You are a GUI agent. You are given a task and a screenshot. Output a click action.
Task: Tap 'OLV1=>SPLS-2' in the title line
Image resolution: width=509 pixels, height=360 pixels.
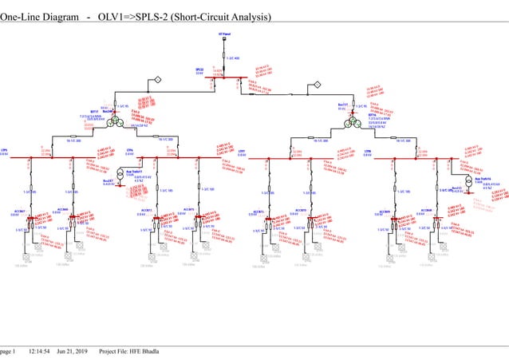[x=133, y=17]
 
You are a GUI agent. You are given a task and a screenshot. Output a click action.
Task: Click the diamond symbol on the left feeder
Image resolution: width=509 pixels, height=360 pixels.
[x=158, y=80]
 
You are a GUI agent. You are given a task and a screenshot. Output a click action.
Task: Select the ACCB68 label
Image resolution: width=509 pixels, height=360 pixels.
[x=63, y=209]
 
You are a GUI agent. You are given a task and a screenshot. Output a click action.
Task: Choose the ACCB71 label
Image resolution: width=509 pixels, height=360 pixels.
[x=146, y=212]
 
